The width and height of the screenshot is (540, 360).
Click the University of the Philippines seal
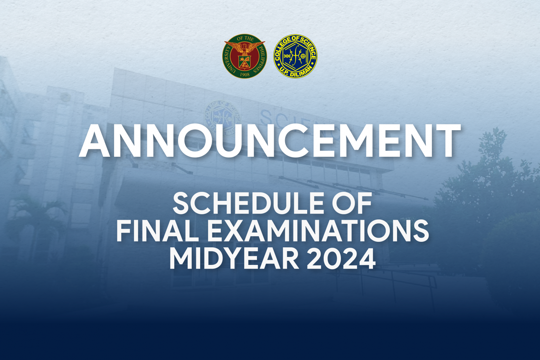(x=245, y=56)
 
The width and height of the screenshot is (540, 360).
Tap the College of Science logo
(x=295, y=56)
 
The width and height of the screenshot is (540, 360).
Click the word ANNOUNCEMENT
(x=270, y=141)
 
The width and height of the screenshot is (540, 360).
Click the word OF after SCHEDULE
(x=352, y=203)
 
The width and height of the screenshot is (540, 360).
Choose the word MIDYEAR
(x=234, y=258)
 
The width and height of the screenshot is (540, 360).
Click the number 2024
(x=341, y=258)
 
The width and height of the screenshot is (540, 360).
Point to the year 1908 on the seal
(x=245, y=74)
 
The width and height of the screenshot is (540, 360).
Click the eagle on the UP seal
(x=245, y=48)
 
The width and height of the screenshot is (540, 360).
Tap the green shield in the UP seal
(x=245, y=62)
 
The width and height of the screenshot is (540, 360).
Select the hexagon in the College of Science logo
(x=295, y=56)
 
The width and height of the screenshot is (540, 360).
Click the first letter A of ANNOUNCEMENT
(x=94, y=141)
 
